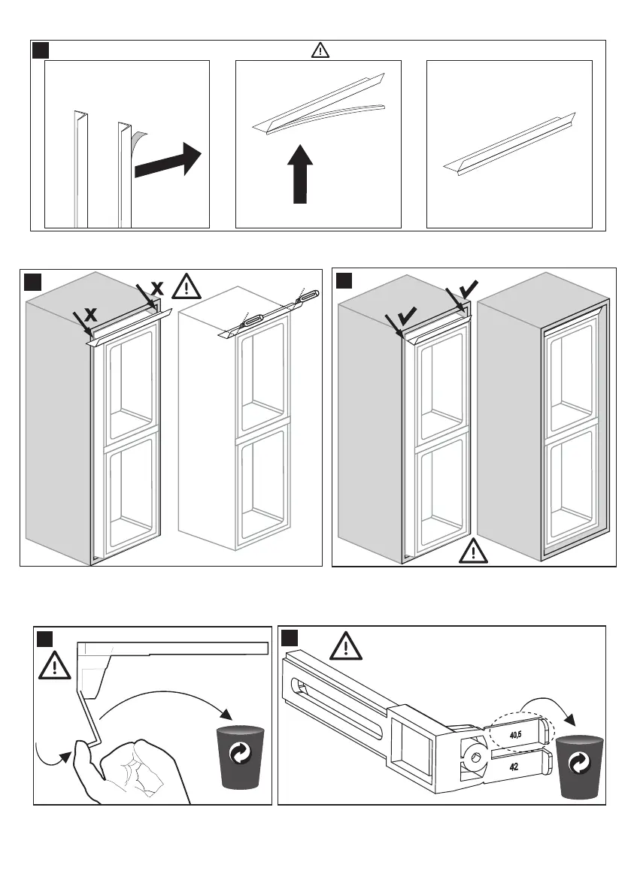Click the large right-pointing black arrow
point(167,164)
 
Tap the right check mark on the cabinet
point(467,286)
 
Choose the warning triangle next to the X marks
point(187,287)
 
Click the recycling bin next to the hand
point(242,757)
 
